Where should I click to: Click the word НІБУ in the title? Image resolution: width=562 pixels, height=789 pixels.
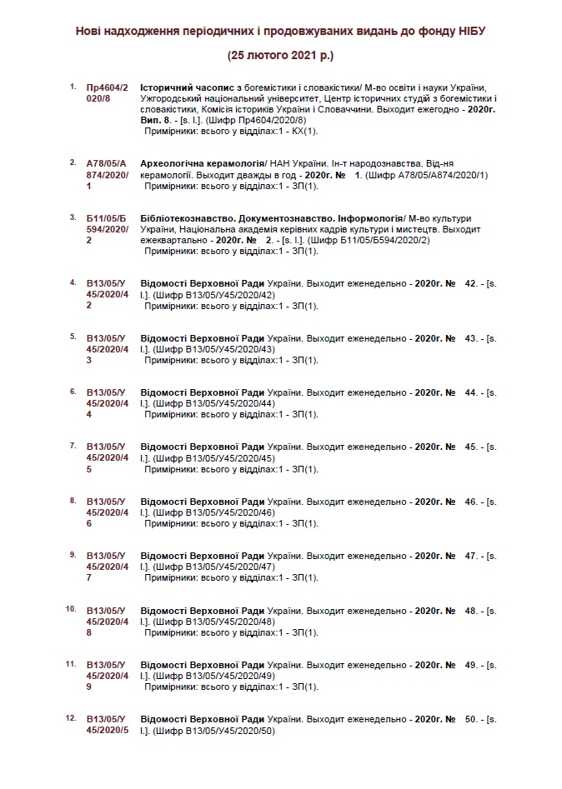coord(468,30)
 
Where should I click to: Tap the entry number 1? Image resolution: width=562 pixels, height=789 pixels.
coord(73,87)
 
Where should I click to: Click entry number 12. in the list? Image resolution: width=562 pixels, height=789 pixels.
coord(71,717)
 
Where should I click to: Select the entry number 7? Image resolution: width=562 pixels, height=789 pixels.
coord(73,446)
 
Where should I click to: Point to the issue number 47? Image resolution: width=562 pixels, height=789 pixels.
coord(471,555)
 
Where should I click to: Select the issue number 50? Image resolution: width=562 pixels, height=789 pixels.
coord(471,718)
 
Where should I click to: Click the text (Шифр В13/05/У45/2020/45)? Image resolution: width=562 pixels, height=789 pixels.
coord(213,458)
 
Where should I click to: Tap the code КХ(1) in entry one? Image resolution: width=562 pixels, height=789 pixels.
coord(304,132)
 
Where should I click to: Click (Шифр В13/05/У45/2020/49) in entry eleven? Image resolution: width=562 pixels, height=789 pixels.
coord(213,676)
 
